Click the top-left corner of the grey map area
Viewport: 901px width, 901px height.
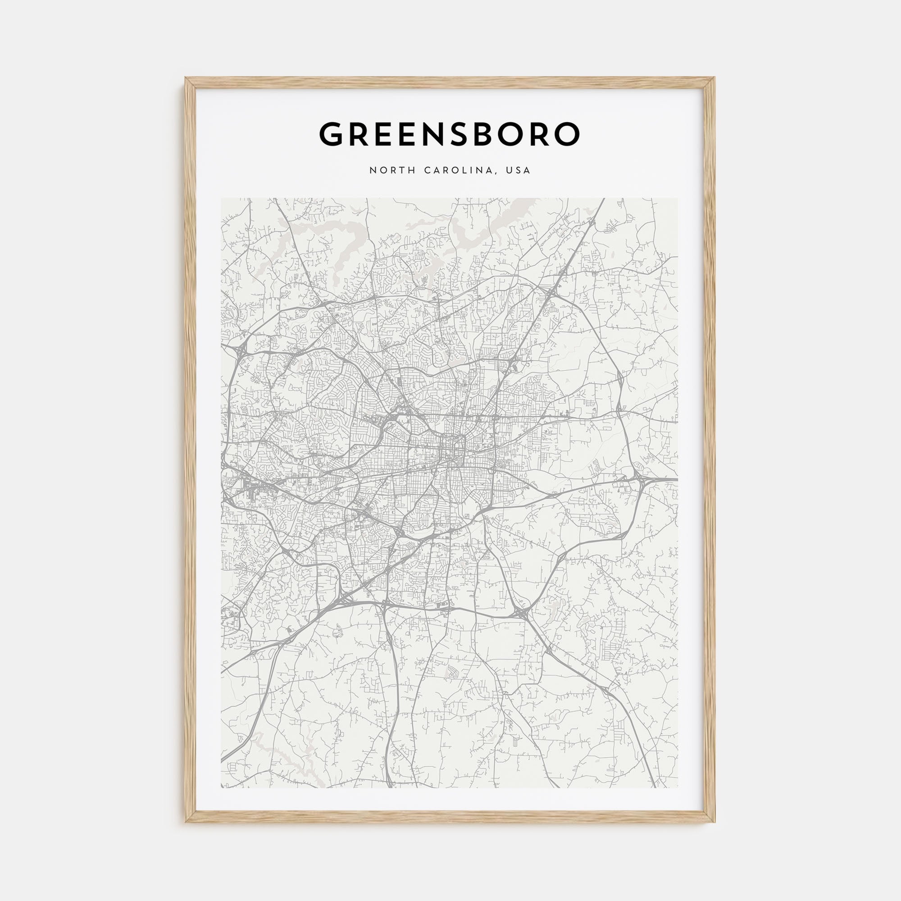click(222, 199)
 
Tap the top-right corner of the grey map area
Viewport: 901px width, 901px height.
click(678, 199)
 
